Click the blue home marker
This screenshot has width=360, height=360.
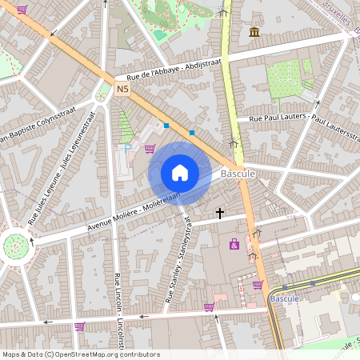tap(180, 173)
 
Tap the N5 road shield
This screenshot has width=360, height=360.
tap(122, 90)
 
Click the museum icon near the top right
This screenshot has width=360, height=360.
tap(254, 31)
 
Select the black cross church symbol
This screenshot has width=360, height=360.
tap(220, 213)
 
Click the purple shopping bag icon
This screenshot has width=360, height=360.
tap(234, 244)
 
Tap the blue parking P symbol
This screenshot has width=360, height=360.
tap(125, 147)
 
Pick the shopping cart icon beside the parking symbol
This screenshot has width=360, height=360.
tap(150, 148)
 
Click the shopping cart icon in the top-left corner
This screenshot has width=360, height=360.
tap(21, 10)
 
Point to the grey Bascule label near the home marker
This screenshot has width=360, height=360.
tap(238, 173)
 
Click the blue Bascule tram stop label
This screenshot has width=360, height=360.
tap(284, 298)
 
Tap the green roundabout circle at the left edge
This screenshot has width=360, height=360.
tap(15, 245)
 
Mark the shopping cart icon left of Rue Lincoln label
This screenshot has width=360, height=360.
tap(79, 326)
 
